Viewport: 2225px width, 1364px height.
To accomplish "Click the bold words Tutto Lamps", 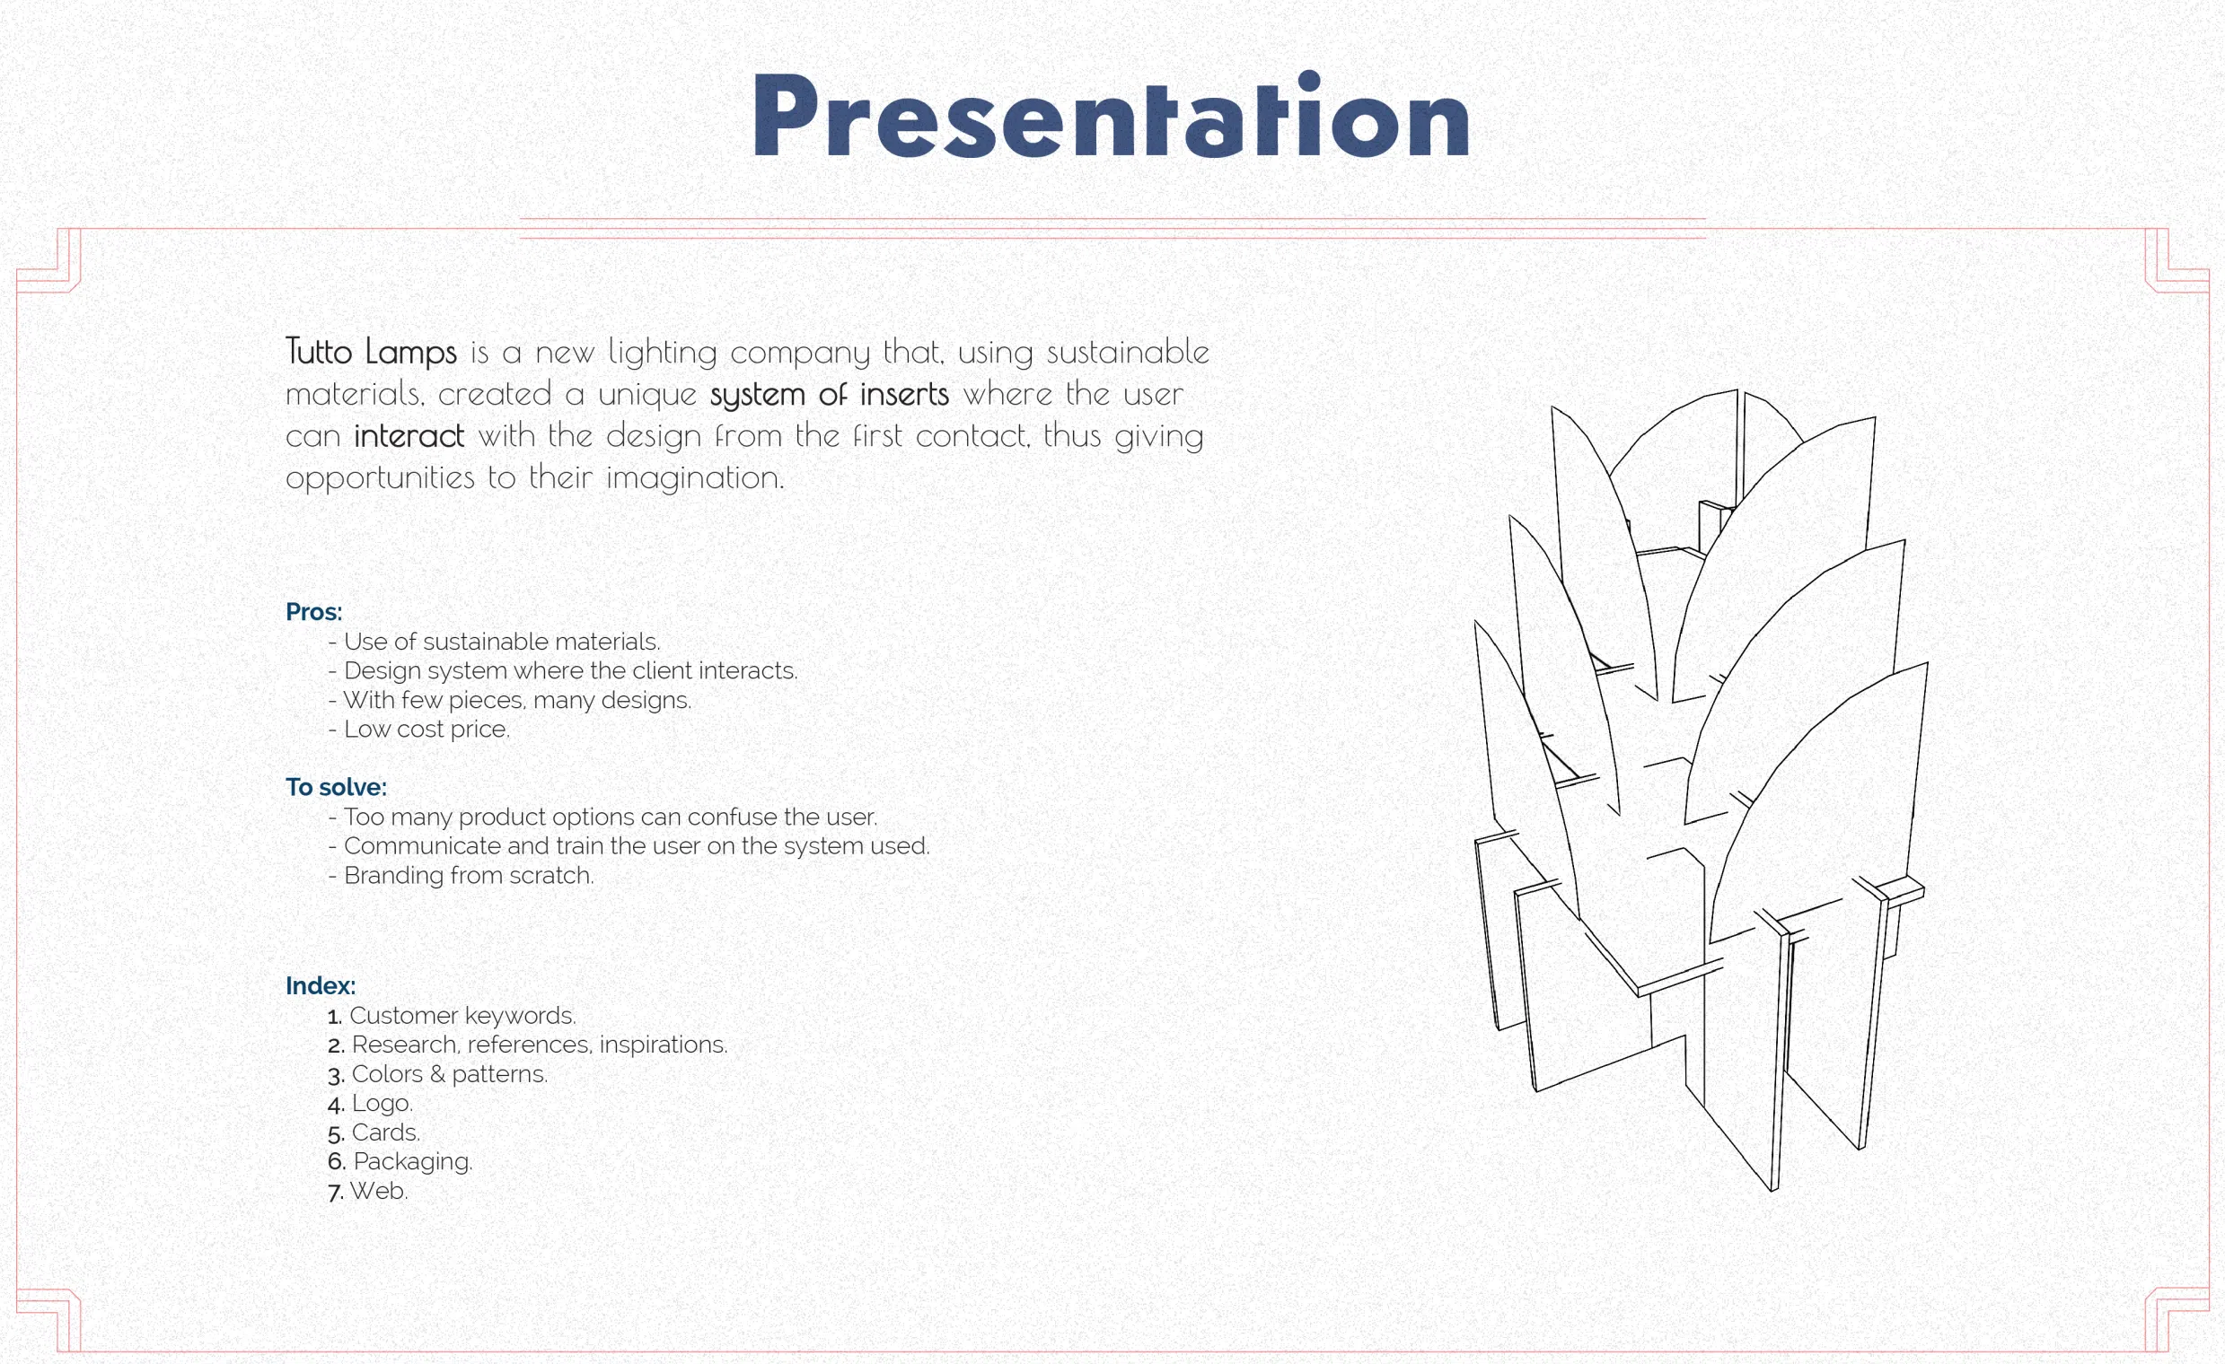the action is (371, 352).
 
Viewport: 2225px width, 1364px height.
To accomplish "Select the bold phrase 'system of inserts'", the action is (829, 395).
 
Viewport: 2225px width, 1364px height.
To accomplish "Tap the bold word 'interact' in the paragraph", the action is (409, 436).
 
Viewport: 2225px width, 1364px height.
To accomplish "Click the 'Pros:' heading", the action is (313, 612).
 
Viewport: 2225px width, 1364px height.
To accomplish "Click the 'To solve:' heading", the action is (336, 787).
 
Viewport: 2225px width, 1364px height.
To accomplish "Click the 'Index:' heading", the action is (321, 986).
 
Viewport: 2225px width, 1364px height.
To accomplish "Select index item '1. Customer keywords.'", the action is (452, 1016).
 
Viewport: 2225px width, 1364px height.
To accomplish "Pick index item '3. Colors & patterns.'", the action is (437, 1074).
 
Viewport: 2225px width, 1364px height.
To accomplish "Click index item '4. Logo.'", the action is (370, 1104).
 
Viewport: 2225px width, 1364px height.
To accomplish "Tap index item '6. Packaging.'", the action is (400, 1162).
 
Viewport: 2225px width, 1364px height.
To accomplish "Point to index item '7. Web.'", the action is (367, 1192).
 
